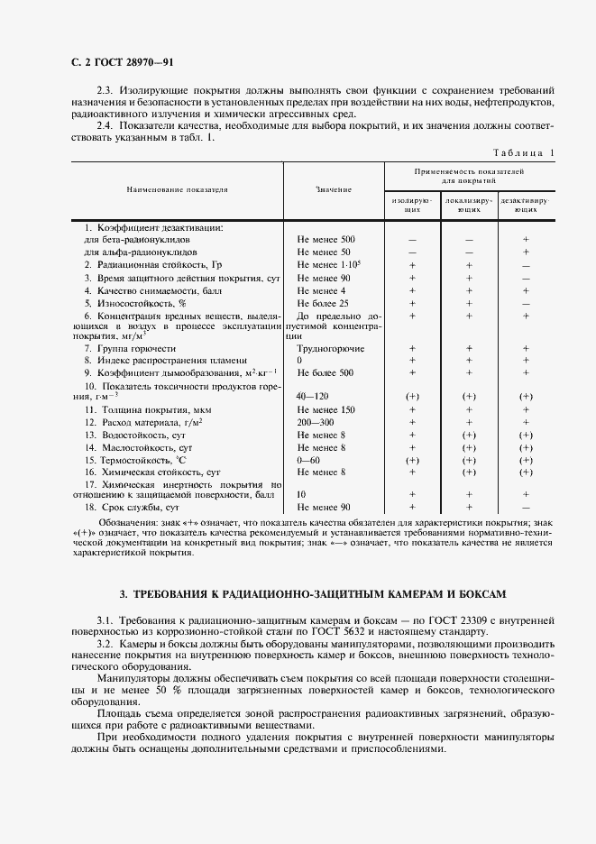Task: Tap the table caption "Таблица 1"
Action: (524, 152)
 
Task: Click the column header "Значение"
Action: (333, 190)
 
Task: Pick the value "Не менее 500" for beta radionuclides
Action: (326, 240)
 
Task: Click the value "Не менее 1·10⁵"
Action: (328, 265)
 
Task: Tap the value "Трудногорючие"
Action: (330, 347)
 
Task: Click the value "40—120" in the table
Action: (314, 396)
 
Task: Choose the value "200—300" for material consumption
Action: (316, 422)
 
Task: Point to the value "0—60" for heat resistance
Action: (308, 460)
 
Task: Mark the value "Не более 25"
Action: (323, 304)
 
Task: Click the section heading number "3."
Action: (124, 594)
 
